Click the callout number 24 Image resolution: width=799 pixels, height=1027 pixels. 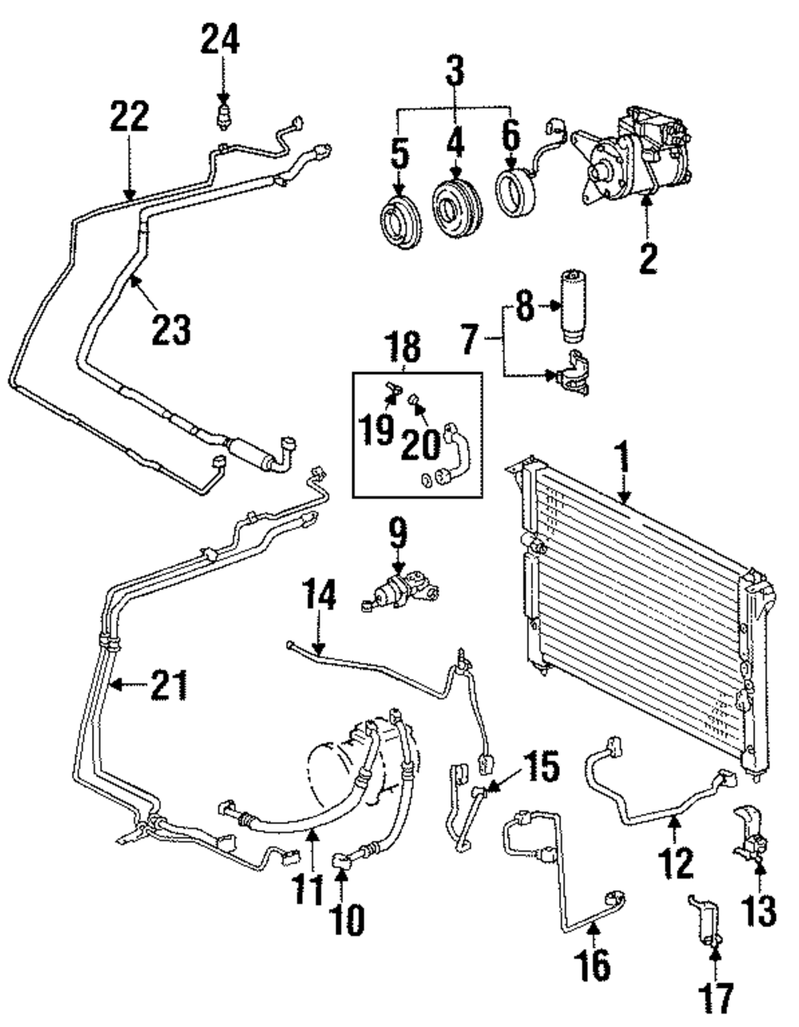(220, 38)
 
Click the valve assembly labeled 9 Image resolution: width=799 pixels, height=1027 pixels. (398, 590)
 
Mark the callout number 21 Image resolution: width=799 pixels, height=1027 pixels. (170, 684)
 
